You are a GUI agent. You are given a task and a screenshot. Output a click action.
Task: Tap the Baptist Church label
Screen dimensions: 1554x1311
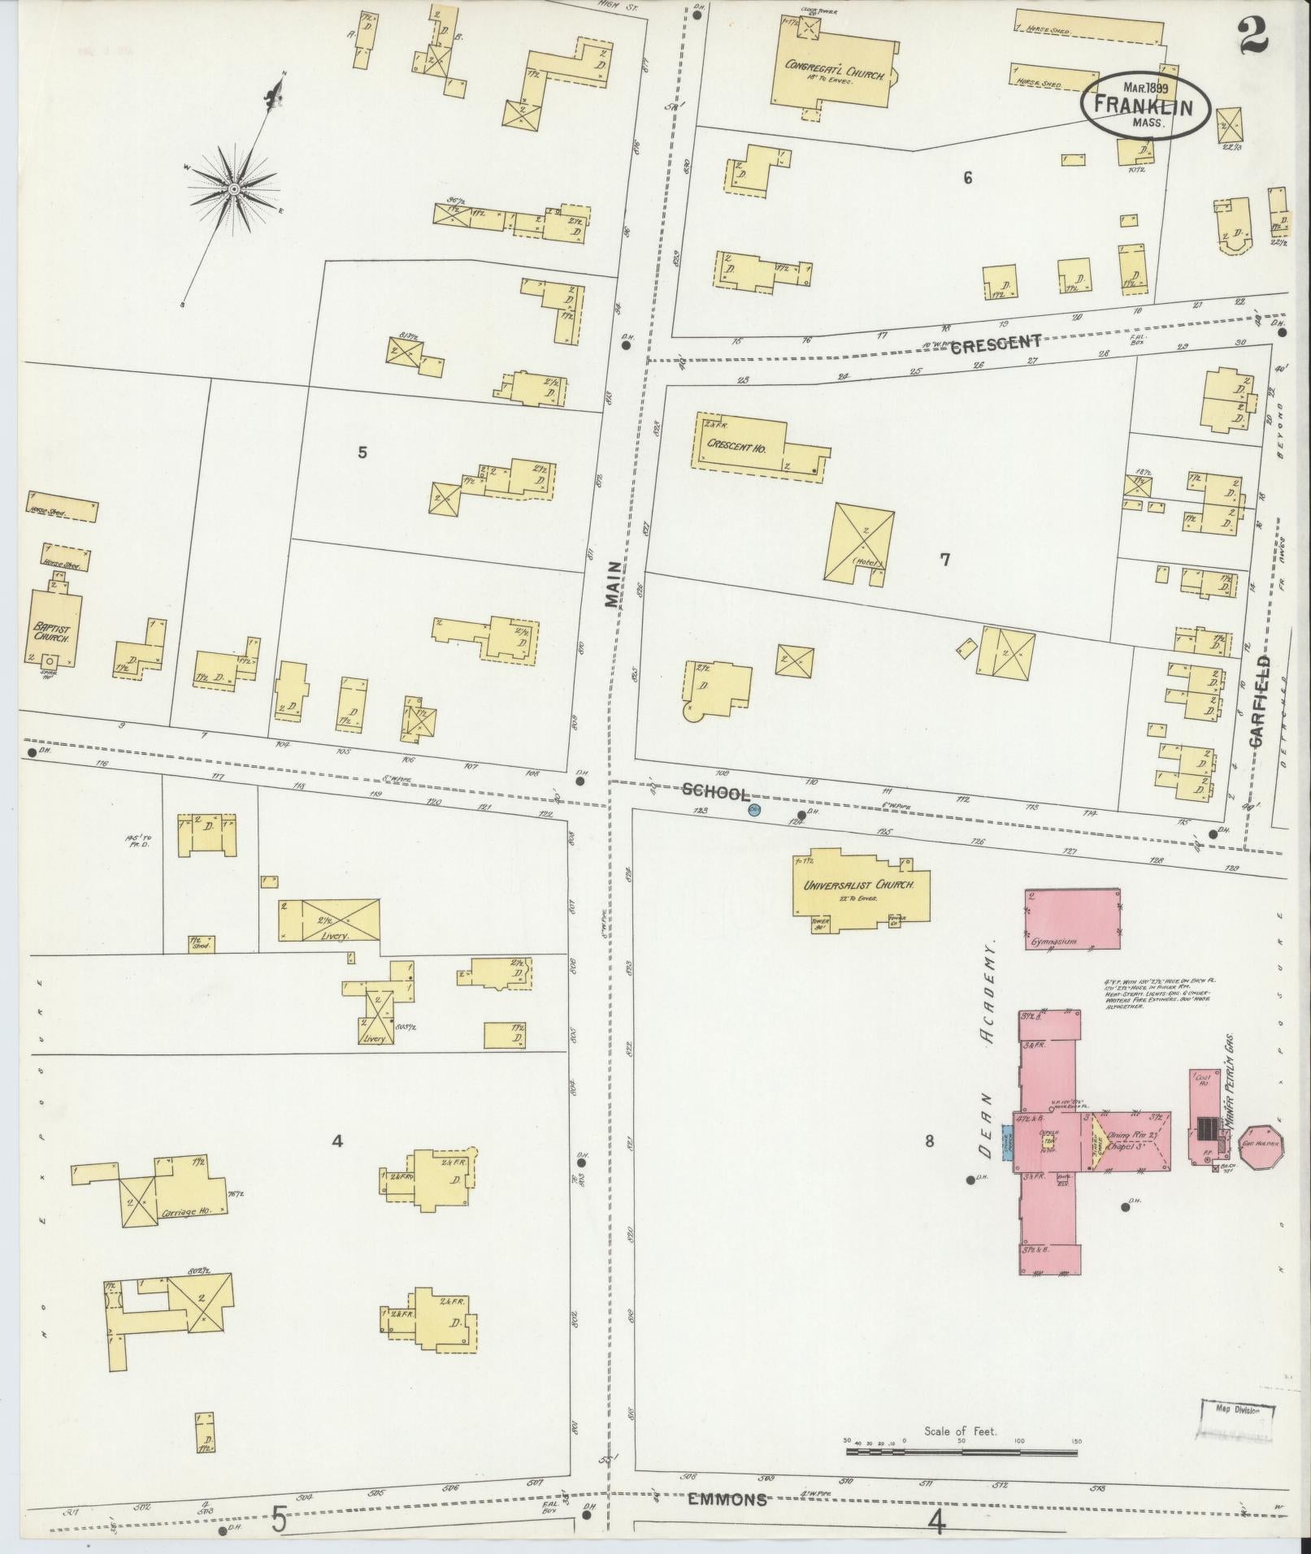coord(52,634)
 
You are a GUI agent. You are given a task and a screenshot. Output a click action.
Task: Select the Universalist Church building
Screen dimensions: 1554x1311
coord(860,885)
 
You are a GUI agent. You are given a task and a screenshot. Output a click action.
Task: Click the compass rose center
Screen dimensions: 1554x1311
coord(234,188)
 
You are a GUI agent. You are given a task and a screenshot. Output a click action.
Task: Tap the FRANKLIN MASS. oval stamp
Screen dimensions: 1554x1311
coord(1146,108)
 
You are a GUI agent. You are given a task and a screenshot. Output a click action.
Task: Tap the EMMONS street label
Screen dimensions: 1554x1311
coord(727,1500)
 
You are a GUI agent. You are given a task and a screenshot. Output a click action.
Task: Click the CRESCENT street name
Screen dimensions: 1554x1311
coord(995,343)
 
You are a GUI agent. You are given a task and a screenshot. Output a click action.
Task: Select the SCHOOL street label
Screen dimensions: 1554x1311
coord(715,792)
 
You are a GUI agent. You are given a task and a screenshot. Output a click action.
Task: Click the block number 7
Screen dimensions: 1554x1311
coord(944,559)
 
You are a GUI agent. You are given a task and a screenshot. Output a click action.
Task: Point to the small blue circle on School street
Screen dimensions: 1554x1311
coord(754,810)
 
